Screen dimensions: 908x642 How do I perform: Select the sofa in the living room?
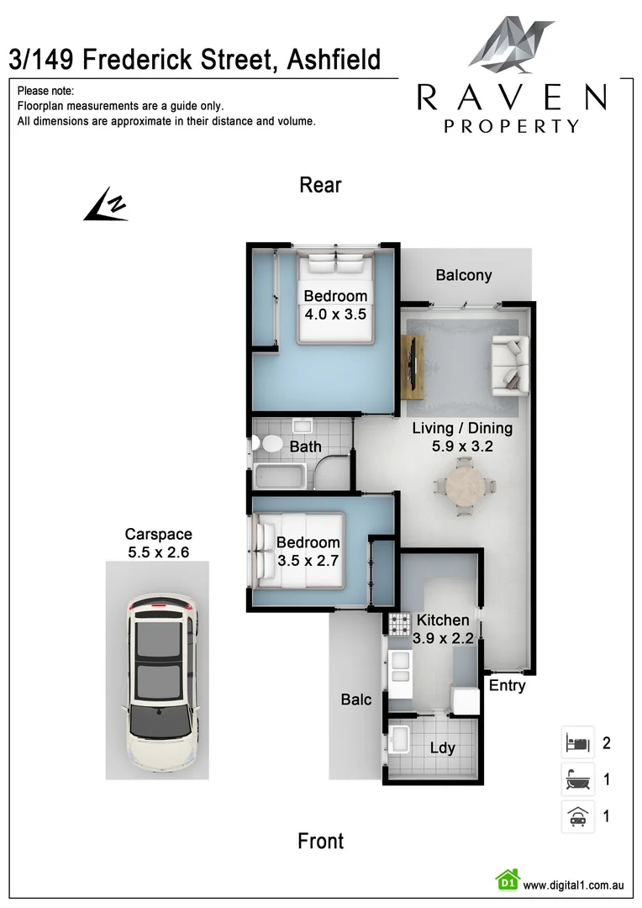point(509,362)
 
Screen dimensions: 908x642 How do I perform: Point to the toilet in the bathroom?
point(270,444)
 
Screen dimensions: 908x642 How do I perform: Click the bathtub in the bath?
point(282,476)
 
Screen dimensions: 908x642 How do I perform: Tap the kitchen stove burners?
point(397,624)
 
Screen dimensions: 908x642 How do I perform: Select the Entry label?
point(507,685)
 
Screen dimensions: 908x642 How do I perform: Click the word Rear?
point(320,185)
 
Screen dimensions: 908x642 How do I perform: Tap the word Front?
point(320,841)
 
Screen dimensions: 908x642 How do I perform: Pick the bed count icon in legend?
point(577,742)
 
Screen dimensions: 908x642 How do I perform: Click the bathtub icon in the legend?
point(577,779)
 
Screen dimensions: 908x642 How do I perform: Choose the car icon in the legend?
point(577,816)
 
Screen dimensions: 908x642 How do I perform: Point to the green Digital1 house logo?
point(507,880)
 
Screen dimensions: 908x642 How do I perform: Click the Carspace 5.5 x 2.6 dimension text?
point(158,552)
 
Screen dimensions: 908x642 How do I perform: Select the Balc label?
point(356,699)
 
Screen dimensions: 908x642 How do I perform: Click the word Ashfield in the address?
point(334,60)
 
